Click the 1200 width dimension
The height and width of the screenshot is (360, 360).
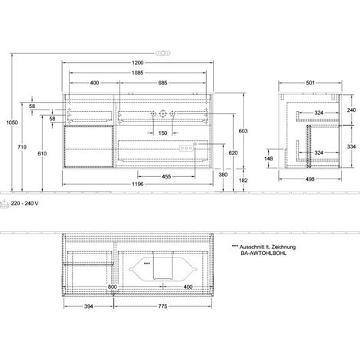tap(137, 63)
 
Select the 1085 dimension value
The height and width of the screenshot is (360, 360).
tap(137, 73)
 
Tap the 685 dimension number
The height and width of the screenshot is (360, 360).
tap(162, 83)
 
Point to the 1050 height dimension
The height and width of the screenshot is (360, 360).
tap(12, 123)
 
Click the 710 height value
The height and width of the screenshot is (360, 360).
tap(22, 147)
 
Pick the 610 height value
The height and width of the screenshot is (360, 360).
tap(42, 153)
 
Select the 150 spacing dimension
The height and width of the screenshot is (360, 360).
tap(162, 133)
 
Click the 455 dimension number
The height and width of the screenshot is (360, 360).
tap(166, 176)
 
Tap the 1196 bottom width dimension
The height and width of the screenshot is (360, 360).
tap(137, 184)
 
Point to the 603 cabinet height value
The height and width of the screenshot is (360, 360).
tap(243, 131)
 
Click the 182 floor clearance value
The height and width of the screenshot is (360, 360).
tap(243, 180)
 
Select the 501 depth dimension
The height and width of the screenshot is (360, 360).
tap(310, 83)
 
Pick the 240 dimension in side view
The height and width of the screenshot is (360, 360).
tap(352, 110)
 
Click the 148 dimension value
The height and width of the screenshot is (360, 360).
tap(268, 159)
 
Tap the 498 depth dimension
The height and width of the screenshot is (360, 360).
tap(309, 179)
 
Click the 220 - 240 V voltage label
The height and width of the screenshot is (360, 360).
tap(25, 204)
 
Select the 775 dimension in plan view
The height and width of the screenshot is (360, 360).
tap(162, 306)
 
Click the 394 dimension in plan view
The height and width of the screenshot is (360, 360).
tap(89, 306)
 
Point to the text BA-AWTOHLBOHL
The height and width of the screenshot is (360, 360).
tap(263, 254)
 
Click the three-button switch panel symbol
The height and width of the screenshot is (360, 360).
tap(186, 148)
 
